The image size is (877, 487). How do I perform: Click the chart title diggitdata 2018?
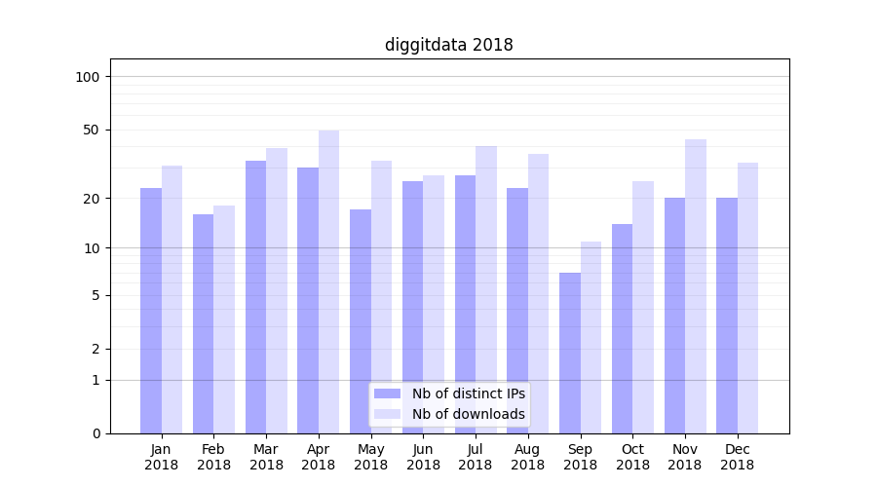tap(448, 45)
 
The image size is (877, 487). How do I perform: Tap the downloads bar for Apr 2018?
tap(328, 281)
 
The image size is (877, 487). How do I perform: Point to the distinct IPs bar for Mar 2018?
tap(255, 296)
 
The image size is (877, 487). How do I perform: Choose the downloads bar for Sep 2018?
tap(591, 337)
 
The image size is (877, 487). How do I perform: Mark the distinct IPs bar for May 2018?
tap(361, 320)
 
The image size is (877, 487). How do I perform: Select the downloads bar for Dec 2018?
tap(747, 297)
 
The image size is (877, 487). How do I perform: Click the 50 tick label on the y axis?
tap(92, 130)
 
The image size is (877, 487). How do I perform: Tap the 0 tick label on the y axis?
tap(95, 433)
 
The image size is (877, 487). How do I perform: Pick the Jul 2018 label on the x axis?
tap(476, 457)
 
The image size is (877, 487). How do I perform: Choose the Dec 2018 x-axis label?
tap(737, 457)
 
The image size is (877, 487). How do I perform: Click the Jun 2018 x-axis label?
tap(423, 457)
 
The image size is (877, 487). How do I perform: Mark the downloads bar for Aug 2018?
tap(538, 293)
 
